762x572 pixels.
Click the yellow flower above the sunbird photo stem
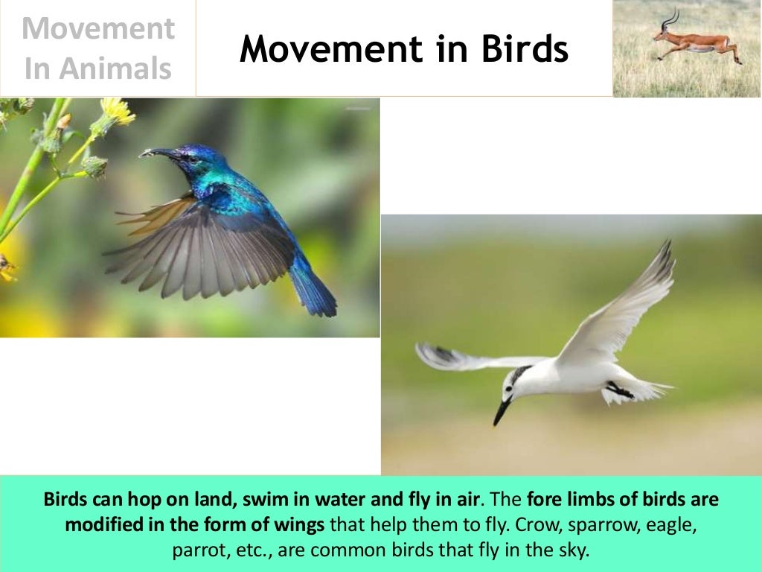tap(118, 111)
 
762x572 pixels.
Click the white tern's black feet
tap(617, 389)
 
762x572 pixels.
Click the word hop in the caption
tap(133, 499)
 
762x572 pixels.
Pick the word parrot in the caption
tap(194, 550)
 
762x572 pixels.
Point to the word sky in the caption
tap(573, 550)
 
